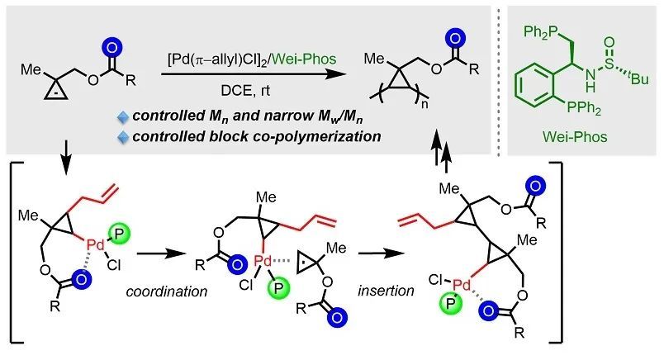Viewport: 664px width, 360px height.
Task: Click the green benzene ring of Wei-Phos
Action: tap(538, 91)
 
